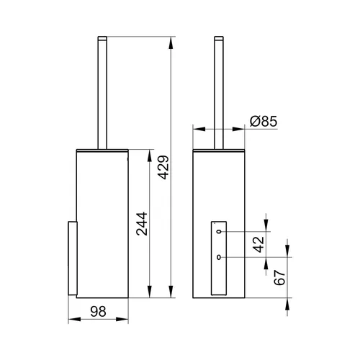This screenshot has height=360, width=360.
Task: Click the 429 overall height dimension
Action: coord(164,167)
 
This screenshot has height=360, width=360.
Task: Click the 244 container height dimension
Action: coord(142,223)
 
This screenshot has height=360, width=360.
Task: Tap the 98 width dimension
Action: coord(98,312)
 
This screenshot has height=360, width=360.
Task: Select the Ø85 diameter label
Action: coord(264,121)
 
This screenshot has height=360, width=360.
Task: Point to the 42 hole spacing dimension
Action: coord(258,244)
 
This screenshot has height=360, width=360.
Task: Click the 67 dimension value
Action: coord(279,277)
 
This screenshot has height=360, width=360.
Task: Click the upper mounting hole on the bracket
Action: coord(219,232)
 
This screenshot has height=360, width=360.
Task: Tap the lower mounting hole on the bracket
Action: coord(219,257)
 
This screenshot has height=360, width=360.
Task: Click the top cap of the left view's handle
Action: coord(102,37)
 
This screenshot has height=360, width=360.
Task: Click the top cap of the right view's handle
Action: coord(219,37)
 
